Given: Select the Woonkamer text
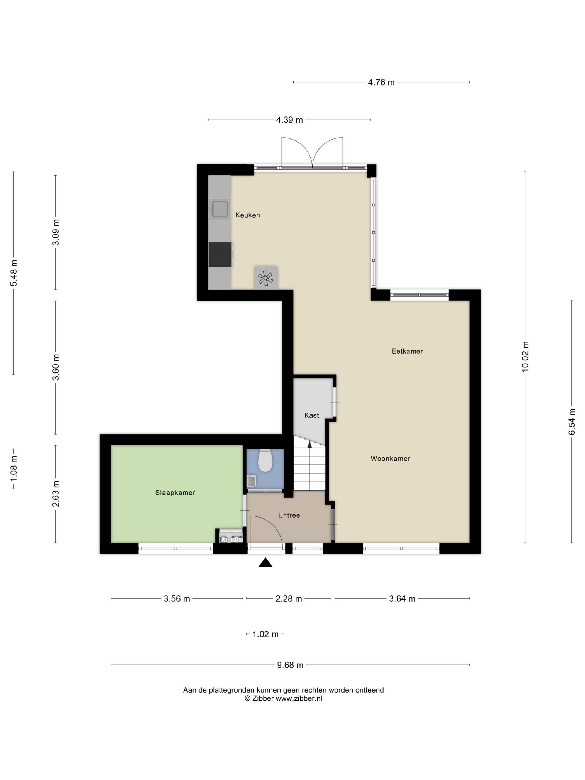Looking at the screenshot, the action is (390, 459).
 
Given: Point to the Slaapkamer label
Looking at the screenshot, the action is (175, 493).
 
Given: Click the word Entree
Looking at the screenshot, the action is (289, 515).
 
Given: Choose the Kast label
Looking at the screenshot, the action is (311, 415).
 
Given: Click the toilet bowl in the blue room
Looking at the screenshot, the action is (265, 461).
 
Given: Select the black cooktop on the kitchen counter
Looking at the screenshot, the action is (220, 255).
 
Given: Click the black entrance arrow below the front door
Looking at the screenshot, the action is (265, 562).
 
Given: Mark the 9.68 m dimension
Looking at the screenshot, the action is (290, 665).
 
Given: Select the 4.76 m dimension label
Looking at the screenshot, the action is (381, 82).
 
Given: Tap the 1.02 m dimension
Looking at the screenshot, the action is (265, 634).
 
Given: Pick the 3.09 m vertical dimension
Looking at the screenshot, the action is (56, 232).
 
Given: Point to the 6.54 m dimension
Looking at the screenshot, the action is (572, 421).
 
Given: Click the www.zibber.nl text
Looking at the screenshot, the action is (299, 698).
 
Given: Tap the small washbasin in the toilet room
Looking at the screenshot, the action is (251, 480).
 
